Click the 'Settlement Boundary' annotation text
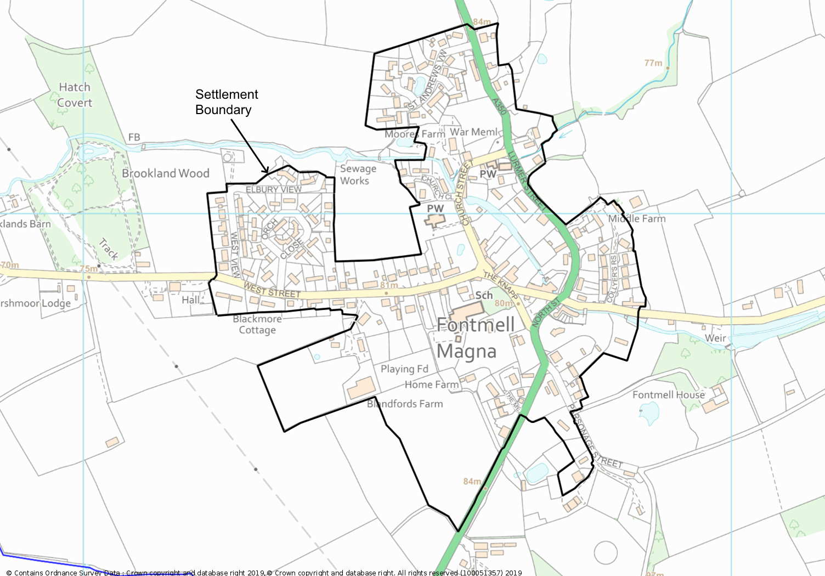226,102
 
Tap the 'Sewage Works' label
358,175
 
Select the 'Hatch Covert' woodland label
75,95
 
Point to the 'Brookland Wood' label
166,173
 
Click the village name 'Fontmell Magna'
472,338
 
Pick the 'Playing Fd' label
404,369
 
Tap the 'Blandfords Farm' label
405,404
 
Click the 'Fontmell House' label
668,395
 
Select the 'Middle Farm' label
637,218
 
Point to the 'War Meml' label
474,132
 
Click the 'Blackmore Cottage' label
257,324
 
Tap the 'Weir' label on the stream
715,338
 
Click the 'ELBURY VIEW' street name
273,190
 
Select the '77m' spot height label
653,63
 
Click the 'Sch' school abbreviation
484,295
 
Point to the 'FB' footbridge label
134,137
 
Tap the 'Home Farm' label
431,385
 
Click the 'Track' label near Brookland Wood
109,249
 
